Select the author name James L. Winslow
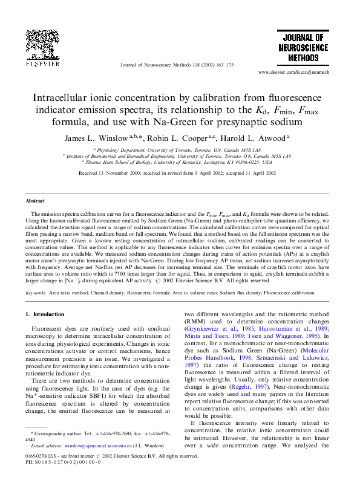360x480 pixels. tap(94, 138)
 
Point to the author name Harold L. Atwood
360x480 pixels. tap(257, 138)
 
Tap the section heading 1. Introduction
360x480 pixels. tap(48, 314)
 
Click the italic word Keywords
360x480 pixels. tap(36, 293)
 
